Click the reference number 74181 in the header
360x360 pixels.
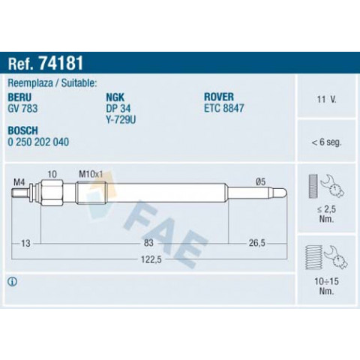(x=61, y=63)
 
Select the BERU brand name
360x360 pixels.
(x=19, y=97)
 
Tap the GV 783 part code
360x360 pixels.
(x=22, y=109)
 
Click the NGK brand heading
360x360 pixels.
(x=115, y=97)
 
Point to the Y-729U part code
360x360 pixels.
(x=121, y=120)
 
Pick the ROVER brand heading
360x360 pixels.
(x=219, y=97)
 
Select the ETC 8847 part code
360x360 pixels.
(x=224, y=108)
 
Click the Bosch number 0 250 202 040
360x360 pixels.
(x=38, y=142)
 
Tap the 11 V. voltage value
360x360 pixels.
(x=326, y=99)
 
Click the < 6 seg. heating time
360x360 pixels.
(x=326, y=142)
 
